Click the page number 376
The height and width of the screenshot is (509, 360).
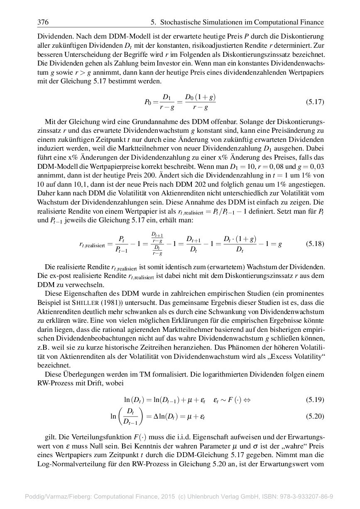coord(43,22)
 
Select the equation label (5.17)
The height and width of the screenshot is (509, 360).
coord(315,102)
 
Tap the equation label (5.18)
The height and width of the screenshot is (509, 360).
coord(315,244)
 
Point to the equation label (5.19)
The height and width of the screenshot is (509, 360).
coord(315,400)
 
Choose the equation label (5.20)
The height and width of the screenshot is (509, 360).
coord(315,416)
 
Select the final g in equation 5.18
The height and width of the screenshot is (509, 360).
coord(280,244)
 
